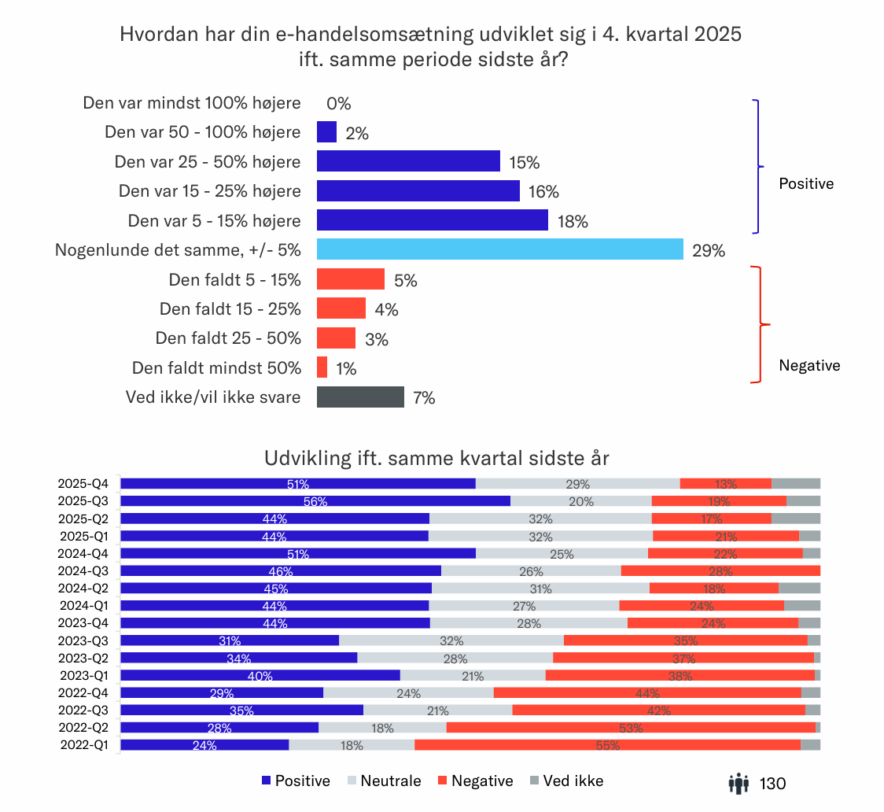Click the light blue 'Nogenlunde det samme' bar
coord(499,249)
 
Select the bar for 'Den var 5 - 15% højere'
coord(432,220)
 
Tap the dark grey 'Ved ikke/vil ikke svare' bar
coord(360,397)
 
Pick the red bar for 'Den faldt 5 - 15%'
coord(350,279)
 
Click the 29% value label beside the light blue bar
coord(709,252)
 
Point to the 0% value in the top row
coord(338,104)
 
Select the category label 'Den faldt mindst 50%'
coord(216,367)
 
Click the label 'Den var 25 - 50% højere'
coord(208,162)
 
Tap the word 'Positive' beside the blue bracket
coord(805,184)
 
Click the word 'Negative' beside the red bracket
coord(809,365)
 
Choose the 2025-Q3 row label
coord(83,501)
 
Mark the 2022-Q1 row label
coord(83,745)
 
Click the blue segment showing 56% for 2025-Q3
coord(315,501)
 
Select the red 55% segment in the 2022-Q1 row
coord(607,745)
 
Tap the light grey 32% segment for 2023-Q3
coord(451,640)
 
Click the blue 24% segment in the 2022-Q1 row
coord(204,745)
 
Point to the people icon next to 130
coord(739,783)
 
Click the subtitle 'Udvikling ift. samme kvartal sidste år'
coord(436,458)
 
